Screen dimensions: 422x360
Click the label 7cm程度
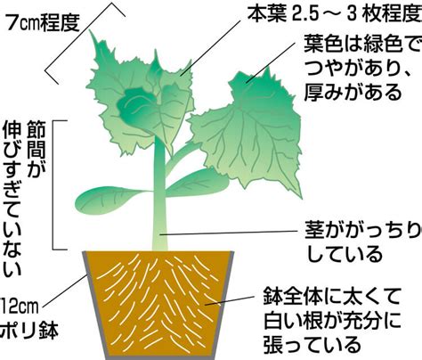pyautogui.click(x=43, y=23)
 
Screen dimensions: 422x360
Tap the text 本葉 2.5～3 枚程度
pyautogui.click(x=335, y=15)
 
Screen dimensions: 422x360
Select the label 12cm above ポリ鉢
pyautogui.click(x=20, y=307)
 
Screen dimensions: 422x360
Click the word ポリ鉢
pyautogui.click(x=29, y=331)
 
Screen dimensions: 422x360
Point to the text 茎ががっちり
pyautogui.click(x=363, y=231)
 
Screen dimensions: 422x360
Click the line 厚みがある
pyautogui.click(x=353, y=92)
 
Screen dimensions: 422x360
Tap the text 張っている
pyautogui.click(x=312, y=345)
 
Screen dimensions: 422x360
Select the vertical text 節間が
pyautogui.click(x=36, y=149)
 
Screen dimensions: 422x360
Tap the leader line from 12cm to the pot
pyautogui.click(x=65, y=291)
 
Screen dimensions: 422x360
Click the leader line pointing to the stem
pyautogui.click(x=229, y=233)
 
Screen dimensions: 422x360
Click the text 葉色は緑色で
pyautogui.click(x=362, y=45)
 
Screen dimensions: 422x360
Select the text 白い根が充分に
pyautogui.click(x=332, y=322)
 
